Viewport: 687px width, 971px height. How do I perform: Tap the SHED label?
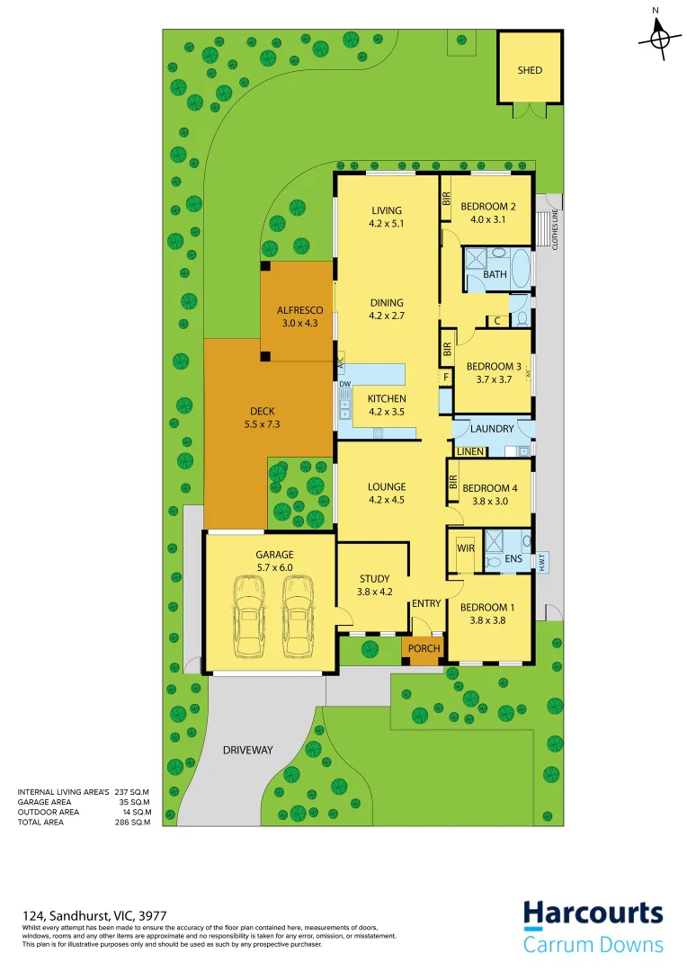pos(530,70)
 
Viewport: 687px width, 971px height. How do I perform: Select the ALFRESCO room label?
pos(299,310)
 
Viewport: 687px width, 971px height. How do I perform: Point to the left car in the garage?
pos(249,617)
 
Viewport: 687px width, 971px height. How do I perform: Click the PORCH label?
pos(424,648)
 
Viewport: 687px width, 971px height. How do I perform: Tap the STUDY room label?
pos(374,578)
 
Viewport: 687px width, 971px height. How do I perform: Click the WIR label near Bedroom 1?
pos(466,548)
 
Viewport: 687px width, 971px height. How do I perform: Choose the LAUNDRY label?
pos(492,429)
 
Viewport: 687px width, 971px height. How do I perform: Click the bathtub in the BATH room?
pos(520,267)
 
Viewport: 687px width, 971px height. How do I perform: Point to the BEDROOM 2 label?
pos(488,207)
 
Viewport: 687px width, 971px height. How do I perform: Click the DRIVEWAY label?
pos(248,750)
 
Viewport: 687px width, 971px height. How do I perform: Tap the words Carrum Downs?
pos(593,945)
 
